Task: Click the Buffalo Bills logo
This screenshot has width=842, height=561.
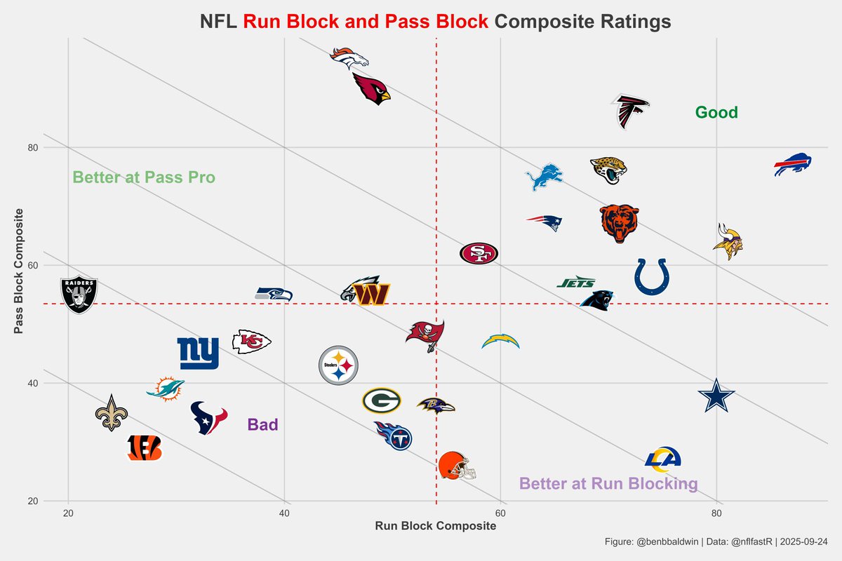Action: (x=792, y=164)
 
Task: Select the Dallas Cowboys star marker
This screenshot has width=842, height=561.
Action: (x=716, y=396)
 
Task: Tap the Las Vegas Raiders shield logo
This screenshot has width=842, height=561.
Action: (x=78, y=295)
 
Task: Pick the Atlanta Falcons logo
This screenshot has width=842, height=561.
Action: (x=629, y=111)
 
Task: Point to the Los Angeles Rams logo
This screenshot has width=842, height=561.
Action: (x=663, y=459)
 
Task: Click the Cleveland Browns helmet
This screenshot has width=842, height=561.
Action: (x=456, y=466)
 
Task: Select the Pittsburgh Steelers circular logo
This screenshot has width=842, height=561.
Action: (x=338, y=365)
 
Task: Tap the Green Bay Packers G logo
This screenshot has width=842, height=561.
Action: (x=381, y=401)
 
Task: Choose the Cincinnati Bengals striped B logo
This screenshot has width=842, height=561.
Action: (x=145, y=447)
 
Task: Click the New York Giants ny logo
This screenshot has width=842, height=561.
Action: (x=198, y=353)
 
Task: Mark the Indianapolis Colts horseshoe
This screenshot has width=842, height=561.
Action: (x=652, y=276)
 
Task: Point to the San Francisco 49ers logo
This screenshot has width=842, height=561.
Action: (x=479, y=253)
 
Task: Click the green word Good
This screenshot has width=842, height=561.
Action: (x=716, y=112)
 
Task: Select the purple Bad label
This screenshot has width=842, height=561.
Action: (x=262, y=424)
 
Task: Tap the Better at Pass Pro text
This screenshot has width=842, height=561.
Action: (x=144, y=177)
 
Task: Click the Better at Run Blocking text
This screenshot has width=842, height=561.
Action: (x=608, y=484)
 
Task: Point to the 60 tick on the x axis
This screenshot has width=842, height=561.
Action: (x=500, y=513)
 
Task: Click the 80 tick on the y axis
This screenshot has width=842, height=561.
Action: (x=32, y=148)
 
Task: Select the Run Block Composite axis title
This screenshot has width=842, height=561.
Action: (x=435, y=527)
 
